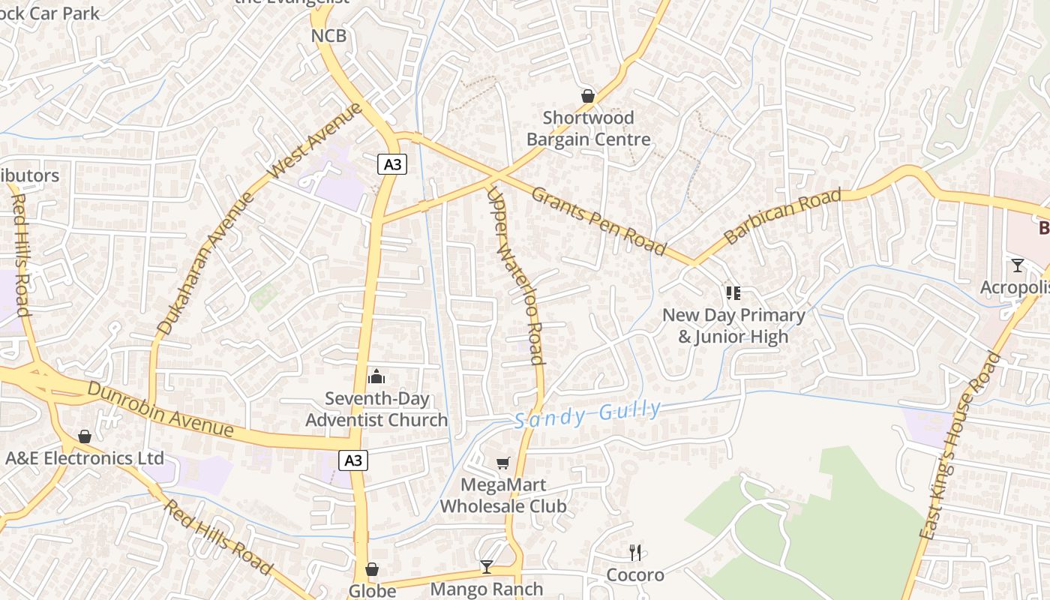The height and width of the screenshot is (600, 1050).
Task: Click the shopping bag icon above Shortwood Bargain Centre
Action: (x=588, y=96)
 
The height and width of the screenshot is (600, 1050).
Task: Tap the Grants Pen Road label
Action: (x=598, y=220)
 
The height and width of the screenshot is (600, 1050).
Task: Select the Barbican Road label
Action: (x=782, y=217)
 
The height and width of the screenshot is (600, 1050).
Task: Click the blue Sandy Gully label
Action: (x=588, y=414)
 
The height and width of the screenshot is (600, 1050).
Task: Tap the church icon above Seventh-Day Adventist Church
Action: (x=376, y=376)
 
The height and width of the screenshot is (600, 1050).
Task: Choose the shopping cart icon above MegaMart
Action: (x=502, y=463)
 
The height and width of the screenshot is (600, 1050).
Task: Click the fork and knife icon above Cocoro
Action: (x=635, y=553)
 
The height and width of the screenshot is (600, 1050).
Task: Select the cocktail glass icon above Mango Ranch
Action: (x=486, y=567)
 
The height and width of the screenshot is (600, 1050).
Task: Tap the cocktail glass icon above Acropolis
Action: (x=1017, y=265)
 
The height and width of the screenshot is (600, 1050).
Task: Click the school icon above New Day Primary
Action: (x=733, y=292)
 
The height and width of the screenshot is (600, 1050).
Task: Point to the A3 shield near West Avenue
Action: (x=391, y=164)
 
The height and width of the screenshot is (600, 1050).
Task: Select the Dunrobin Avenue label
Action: (x=160, y=409)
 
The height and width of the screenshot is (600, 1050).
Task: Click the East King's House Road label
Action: (x=960, y=445)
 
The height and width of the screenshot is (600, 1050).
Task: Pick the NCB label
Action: (x=328, y=35)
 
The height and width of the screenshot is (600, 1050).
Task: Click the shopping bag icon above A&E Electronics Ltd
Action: (x=85, y=436)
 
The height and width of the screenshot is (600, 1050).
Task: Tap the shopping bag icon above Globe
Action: (x=372, y=570)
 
